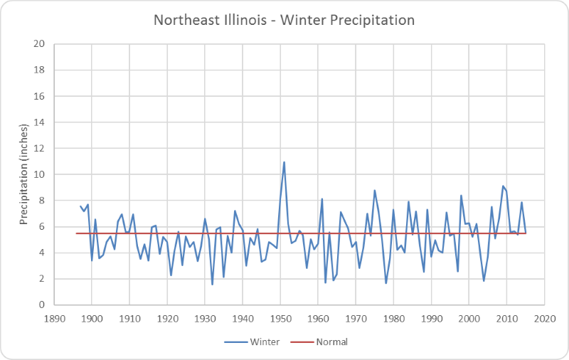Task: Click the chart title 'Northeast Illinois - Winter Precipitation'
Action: coord(284,20)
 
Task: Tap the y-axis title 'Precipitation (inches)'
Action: coord(23,174)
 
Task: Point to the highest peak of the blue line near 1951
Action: coord(284,162)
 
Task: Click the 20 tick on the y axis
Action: coord(40,44)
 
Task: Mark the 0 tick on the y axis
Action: coord(42,305)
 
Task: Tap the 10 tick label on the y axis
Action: coord(40,174)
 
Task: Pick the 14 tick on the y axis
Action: coord(40,122)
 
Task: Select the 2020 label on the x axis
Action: coord(545,317)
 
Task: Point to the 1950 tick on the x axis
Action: coord(280,317)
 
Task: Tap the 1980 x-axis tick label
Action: coord(393,317)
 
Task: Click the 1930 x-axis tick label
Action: coord(205,317)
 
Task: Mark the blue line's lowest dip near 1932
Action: coord(212,285)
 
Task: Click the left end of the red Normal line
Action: coord(76,233)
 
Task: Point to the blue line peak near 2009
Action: coord(503,186)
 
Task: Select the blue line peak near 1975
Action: coord(374,191)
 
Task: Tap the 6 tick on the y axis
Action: coord(42,226)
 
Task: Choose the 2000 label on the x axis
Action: coord(469,317)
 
